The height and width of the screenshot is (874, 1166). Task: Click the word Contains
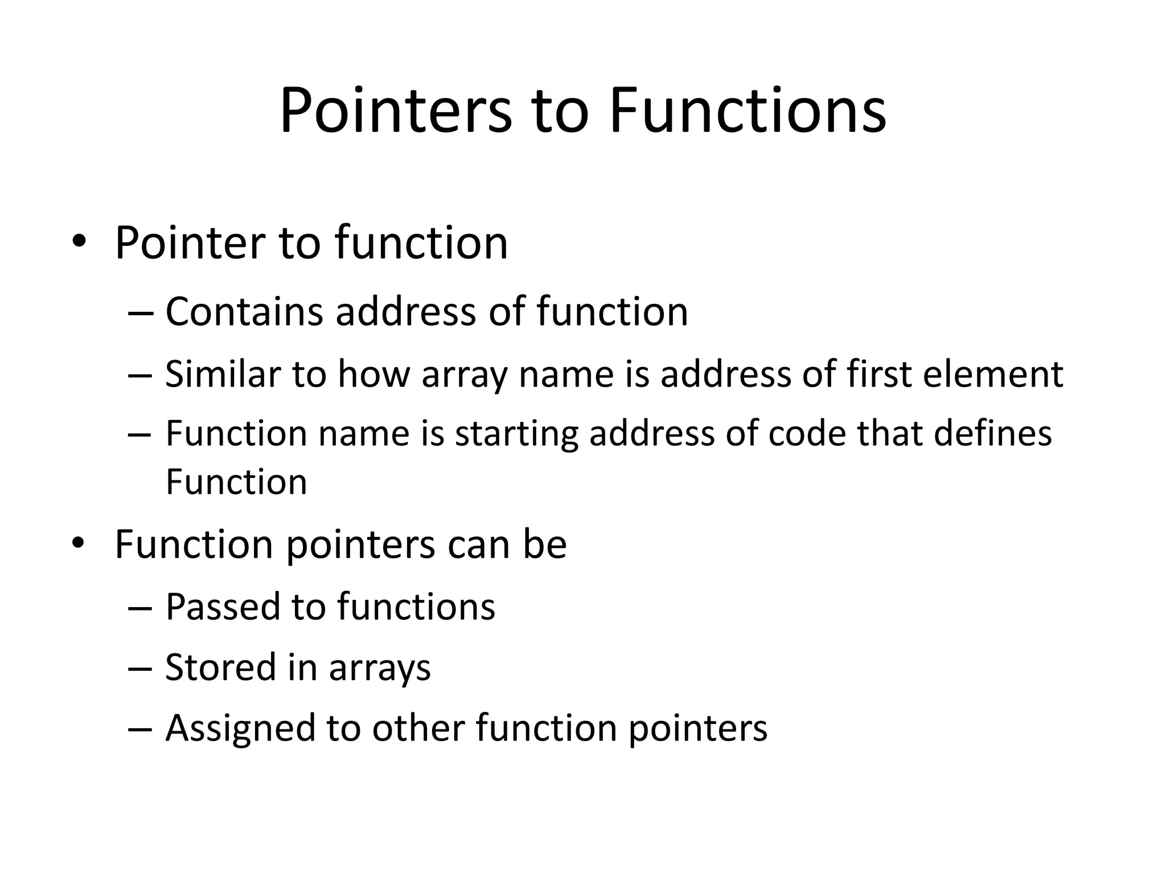point(244,312)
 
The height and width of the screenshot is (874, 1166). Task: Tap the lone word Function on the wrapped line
point(236,482)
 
